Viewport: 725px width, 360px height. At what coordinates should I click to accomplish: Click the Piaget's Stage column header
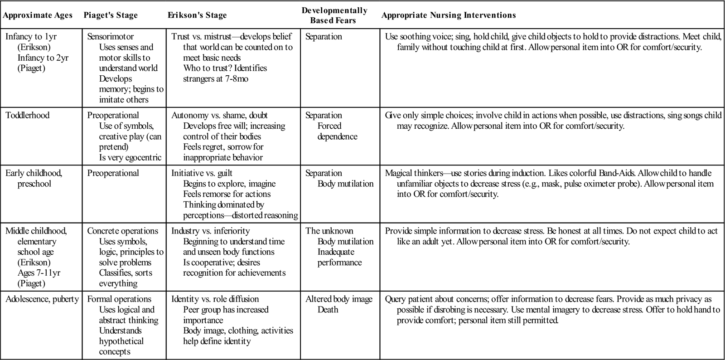coord(111,15)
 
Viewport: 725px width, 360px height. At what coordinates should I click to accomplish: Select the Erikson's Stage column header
coord(197,15)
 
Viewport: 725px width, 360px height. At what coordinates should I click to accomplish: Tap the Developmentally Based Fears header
coord(334,15)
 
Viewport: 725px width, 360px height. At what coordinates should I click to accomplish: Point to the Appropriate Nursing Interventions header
coord(449,15)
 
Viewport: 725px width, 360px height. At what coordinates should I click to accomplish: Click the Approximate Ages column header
coord(38,15)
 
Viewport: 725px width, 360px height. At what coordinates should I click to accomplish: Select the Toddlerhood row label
coord(27,115)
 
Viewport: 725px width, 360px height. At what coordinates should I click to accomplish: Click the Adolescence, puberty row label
coord(42,299)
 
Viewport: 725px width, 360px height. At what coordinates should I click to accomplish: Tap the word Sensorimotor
coord(111,37)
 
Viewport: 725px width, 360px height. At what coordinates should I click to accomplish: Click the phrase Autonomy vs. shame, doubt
coord(219,115)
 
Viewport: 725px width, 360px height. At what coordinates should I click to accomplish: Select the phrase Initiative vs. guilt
coord(202,173)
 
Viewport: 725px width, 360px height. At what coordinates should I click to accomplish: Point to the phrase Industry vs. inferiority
coord(210,231)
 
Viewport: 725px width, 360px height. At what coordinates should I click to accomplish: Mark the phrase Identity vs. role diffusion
coord(215,299)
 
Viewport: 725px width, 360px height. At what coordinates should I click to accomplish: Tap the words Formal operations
coord(119,299)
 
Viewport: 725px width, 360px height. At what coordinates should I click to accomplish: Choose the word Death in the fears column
coord(328,309)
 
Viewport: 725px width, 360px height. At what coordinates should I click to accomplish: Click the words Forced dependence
coord(337,131)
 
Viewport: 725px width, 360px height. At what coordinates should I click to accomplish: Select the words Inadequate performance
coord(339,257)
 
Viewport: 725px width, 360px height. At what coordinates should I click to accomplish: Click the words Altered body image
coord(339,299)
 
